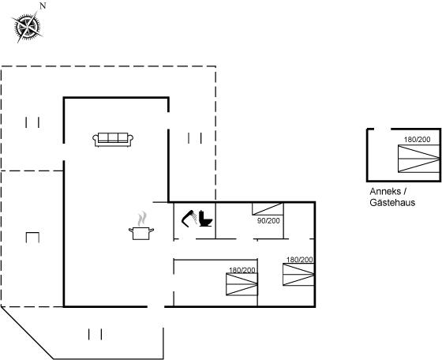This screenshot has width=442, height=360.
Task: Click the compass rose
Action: tap(27, 27)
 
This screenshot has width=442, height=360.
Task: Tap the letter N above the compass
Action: tap(43, 6)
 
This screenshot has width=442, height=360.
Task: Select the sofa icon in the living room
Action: tap(113, 140)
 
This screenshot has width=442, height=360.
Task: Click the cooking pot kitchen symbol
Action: tap(141, 226)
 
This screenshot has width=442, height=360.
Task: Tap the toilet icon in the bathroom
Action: tap(205, 219)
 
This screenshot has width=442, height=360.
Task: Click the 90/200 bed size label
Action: tap(268, 221)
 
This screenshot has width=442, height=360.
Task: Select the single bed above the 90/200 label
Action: tap(268, 209)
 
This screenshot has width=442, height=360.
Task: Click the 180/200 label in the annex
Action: tap(418, 139)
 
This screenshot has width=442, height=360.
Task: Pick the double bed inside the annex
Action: tap(419, 159)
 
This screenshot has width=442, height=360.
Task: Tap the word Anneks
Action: tap(385, 191)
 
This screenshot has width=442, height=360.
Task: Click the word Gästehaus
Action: tap(392, 202)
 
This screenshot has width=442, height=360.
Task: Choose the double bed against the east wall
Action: tap(298, 274)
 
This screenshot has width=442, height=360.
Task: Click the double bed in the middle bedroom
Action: tap(242, 284)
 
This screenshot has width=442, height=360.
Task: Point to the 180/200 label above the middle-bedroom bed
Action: tap(242, 270)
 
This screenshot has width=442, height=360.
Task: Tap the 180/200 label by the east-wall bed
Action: tap(300, 260)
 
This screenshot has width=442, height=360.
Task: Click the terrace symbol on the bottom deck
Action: tap(95, 334)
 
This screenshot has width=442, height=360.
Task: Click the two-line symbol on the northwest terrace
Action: tap(32, 122)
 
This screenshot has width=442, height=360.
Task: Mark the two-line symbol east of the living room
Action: tap(195, 138)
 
